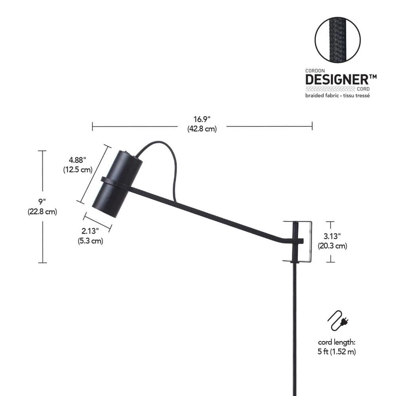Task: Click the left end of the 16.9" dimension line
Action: point(92,126)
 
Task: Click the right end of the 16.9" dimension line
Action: point(312,126)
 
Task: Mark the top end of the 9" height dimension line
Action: point(42,151)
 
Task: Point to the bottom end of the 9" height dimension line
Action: point(42,263)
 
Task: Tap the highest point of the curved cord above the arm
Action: point(158,142)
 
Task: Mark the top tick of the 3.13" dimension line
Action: point(330,222)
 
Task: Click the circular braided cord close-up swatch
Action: point(338,40)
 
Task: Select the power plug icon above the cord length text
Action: point(338,320)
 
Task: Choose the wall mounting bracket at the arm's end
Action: point(297,242)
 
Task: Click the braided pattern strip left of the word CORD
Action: point(330,89)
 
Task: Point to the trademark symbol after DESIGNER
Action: point(373,77)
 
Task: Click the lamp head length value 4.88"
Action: point(77,160)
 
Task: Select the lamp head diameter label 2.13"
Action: point(90,231)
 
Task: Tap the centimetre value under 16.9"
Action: point(202,129)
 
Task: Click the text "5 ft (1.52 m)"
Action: point(337,351)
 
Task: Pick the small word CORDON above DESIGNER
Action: point(315,71)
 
